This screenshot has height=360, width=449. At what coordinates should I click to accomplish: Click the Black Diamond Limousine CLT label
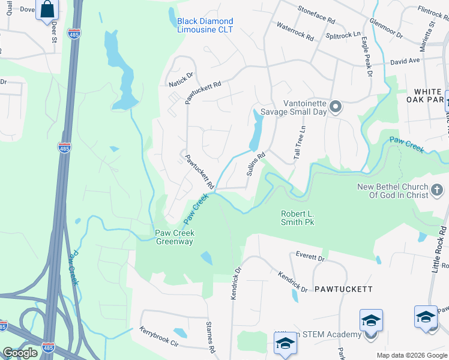(x=205, y=25)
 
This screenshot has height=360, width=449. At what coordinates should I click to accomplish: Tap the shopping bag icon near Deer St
(x=47, y=10)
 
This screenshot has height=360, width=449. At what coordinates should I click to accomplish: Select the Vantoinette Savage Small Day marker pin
(x=336, y=108)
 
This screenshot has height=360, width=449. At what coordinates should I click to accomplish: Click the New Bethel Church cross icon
(x=438, y=191)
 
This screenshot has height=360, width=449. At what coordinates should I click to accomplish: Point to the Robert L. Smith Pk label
(x=298, y=218)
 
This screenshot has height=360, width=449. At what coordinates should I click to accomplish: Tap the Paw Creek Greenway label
(x=175, y=238)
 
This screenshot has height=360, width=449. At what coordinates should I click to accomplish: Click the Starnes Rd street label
(x=211, y=340)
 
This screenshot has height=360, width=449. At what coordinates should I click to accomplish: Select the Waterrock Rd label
(x=295, y=32)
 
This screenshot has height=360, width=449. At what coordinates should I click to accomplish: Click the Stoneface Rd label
(x=316, y=14)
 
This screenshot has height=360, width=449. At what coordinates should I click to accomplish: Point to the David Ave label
(x=405, y=61)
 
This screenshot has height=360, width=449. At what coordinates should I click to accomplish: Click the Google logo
(x=20, y=353)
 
